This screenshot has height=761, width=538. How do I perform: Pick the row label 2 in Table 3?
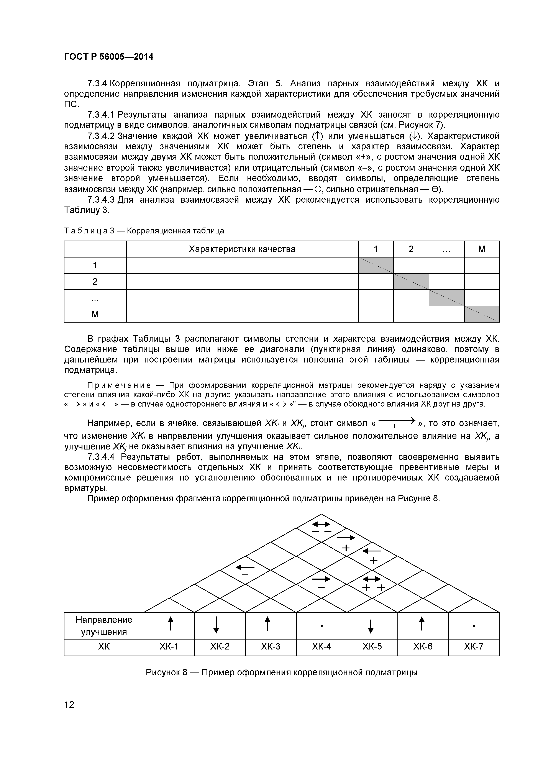[x=95, y=281]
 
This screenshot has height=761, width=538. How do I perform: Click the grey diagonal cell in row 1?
[x=376, y=265]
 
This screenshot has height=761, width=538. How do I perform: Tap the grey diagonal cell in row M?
[x=482, y=314]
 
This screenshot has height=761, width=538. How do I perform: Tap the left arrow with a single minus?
[x=245, y=567]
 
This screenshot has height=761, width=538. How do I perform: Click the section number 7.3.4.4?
[x=101, y=457]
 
